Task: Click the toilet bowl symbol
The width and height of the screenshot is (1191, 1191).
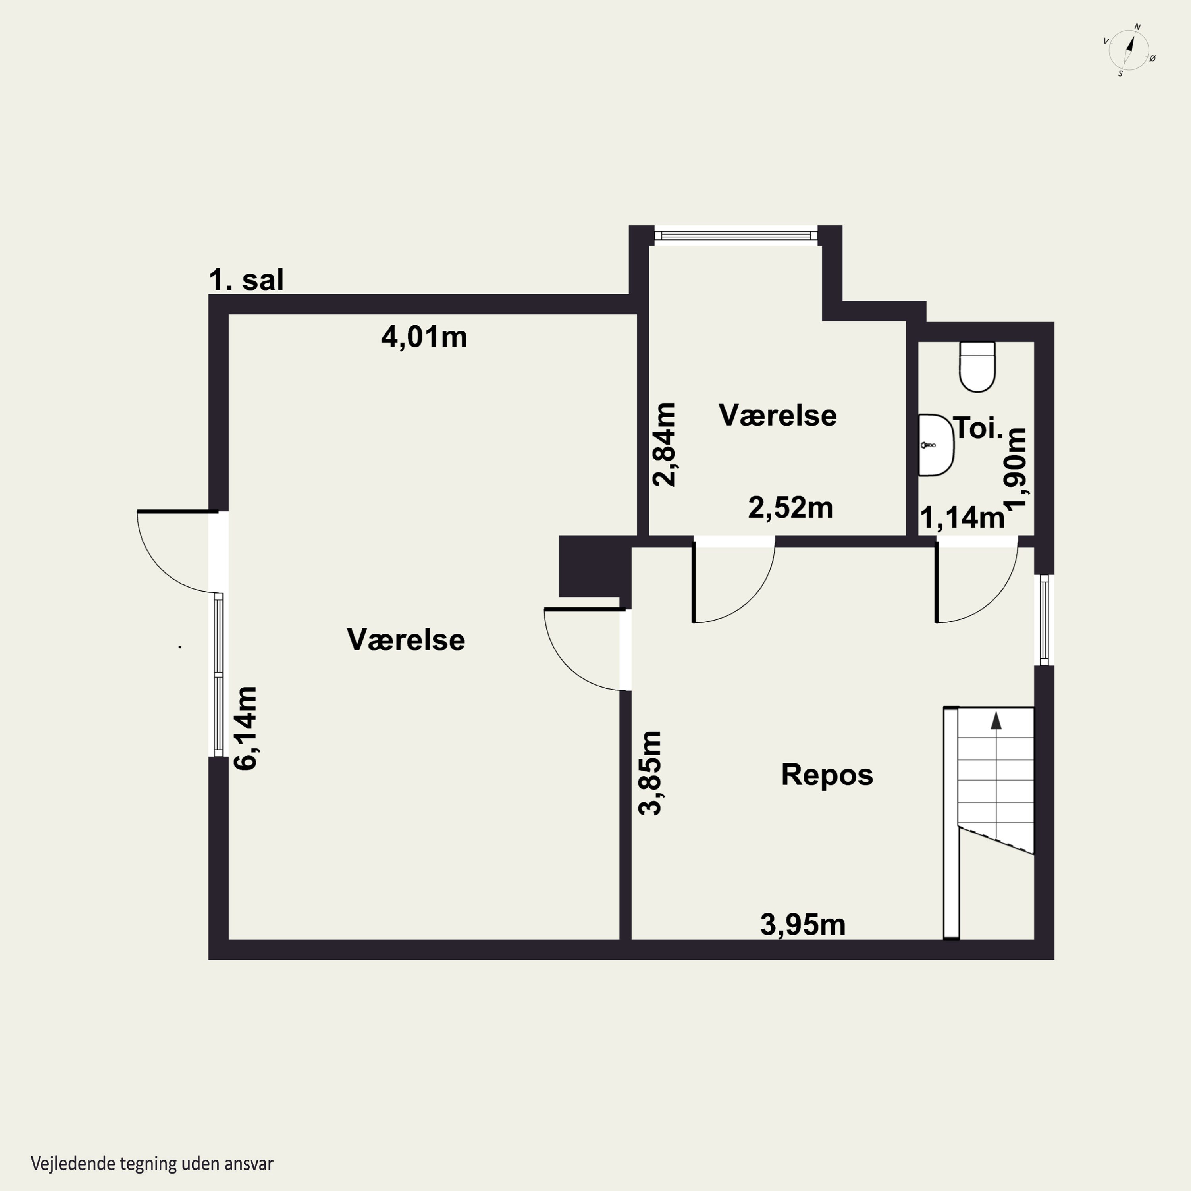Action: [x=978, y=367]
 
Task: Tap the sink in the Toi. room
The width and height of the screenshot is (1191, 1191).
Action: [x=936, y=445]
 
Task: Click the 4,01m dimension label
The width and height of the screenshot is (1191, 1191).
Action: [x=424, y=337]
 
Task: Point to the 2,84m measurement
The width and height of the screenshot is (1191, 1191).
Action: [x=665, y=445]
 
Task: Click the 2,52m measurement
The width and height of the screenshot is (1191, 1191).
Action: [x=791, y=507]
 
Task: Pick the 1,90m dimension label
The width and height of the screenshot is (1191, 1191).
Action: [x=1015, y=468]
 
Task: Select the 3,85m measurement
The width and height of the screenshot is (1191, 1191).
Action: [x=650, y=773]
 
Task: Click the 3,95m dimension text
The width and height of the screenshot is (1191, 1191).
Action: [x=803, y=924]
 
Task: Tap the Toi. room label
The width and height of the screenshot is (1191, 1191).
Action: [x=978, y=428]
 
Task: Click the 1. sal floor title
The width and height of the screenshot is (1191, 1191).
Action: [x=246, y=280]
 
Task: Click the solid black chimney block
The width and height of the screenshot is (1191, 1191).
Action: [x=595, y=566]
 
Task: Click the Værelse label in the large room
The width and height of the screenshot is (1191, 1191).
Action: [x=406, y=640]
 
